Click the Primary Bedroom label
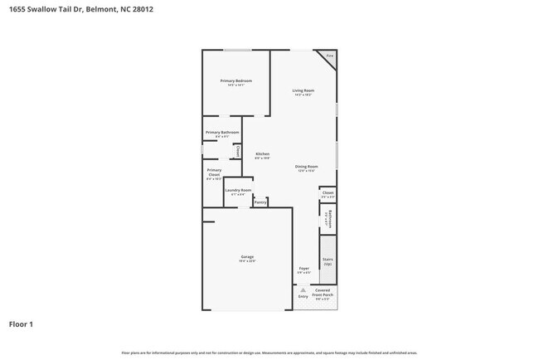[236, 80]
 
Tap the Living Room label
[303, 90]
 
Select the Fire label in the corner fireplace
[328, 56]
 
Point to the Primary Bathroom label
[222, 133]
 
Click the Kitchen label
[262, 154]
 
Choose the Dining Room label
[307, 167]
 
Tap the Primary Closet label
[214, 173]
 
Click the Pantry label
[260, 202]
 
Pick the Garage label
[247, 257]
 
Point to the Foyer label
[303, 269]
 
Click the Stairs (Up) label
[328, 261]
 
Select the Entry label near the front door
[303, 296]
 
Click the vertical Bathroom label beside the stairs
[329, 219]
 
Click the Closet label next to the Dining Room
[328, 193]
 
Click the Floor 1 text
[22, 324]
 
